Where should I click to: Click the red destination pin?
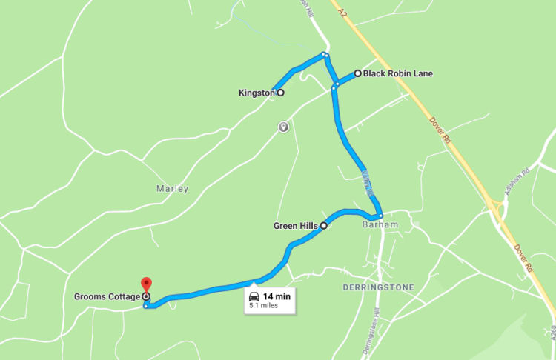click(x=146, y=284)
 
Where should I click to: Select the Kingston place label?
click(x=257, y=93)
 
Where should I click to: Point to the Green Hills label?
click(x=296, y=225)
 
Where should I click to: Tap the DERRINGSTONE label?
click(x=379, y=287)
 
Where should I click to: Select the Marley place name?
click(x=172, y=188)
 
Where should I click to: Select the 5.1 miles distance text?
click(x=263, y=305)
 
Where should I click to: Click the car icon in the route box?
click(x=254, y=296)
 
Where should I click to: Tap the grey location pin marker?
click(x=282, y=127)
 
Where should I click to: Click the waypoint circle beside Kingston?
click(x=280, y=93)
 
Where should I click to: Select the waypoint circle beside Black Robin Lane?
click(x=357, y=73)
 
